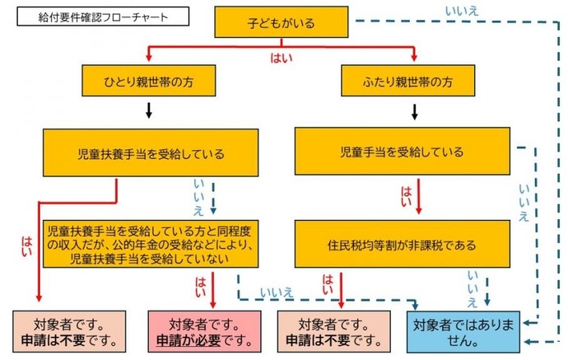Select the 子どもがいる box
pyautogui.click(x=285, y=22)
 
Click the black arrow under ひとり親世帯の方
pyautogui.click(x=148, y=110)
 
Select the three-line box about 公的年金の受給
pyautogui.click(x=148, y=245)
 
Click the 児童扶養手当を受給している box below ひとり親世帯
pyautogui.click(x=148, y=153)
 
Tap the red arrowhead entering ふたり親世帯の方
pyautogui.click(x=415, y=58)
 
